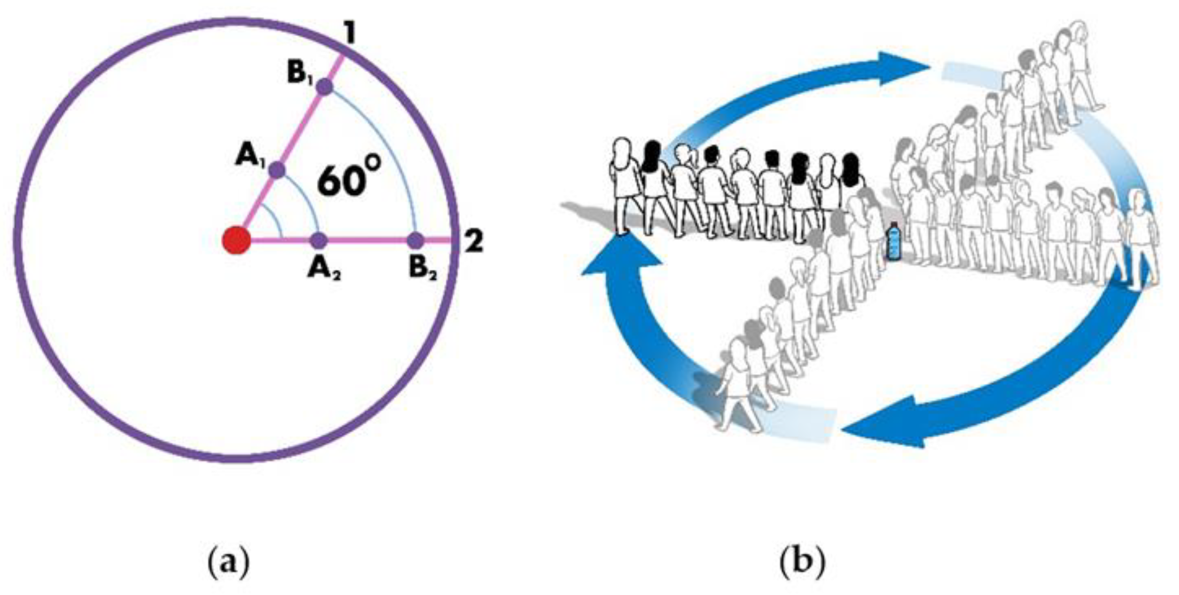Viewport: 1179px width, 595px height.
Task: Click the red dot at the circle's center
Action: (236, 240)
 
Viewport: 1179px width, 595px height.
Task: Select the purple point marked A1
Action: (277, 171)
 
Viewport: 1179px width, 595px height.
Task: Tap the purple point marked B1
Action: (325, 87)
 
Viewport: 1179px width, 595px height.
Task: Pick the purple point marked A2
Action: (318, 240)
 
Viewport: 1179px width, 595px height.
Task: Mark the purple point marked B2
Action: (415, 240)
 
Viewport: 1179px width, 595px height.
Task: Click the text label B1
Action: (301, 75)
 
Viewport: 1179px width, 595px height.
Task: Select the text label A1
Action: (249, 157)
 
